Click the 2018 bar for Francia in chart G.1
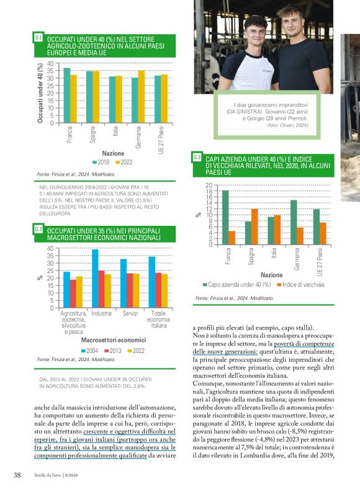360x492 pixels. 67,96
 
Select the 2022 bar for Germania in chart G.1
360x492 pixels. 142,97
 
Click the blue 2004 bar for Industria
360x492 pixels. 95,279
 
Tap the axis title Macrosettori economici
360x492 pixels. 114,340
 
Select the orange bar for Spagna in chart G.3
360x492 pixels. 254,226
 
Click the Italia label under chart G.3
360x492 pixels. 273,253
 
